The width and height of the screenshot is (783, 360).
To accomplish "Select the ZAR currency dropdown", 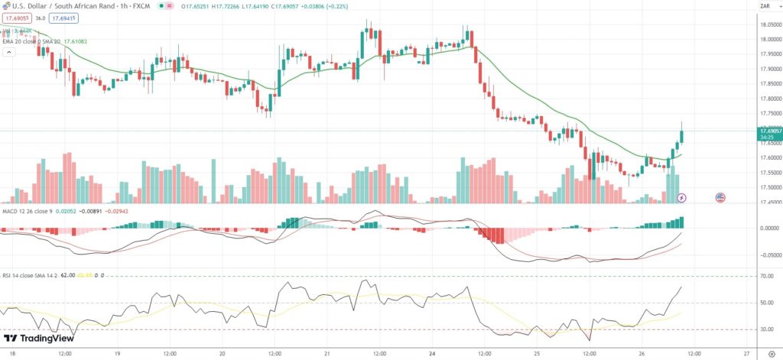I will click(x=764, y=6).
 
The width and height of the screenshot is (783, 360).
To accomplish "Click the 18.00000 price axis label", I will click(x=769, y=40).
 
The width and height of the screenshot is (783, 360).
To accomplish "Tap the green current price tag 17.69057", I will click(x=769, y=131).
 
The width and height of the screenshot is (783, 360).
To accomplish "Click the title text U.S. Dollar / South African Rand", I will click(x=61, y=5).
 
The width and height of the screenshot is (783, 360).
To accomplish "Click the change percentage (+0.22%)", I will click(x=353, y=5).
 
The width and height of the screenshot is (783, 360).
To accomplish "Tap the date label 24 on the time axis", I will click(x=431, y=354).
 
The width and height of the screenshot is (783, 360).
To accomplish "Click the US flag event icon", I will click(x=720, y=197).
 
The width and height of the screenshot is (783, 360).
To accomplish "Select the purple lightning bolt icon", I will click(x=683, y=197).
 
